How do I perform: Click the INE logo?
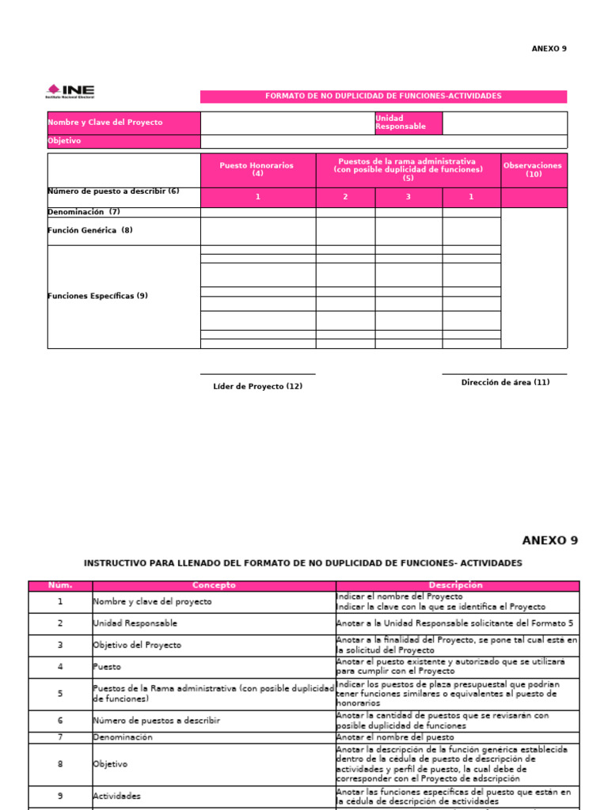click(70, 92)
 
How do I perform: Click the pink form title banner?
click(383, 97)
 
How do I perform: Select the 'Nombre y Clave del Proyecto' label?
click(105, 123)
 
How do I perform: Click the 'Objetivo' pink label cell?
click(64, 142)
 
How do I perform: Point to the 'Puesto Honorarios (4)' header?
click(257, 169)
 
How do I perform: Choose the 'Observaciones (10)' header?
click(533, 169)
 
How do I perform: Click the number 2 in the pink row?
click(345, 197)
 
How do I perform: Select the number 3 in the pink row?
click(408, 197)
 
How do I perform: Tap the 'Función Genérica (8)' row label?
click(90, 230)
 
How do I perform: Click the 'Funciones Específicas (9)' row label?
click(97, 296)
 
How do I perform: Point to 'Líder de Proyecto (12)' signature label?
click(257, 387)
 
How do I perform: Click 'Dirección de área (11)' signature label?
click(505, 383)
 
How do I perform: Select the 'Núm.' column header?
click(60, 585)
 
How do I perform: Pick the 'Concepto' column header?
click(214, 585)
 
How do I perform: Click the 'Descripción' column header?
click(457, 585)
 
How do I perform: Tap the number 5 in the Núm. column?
click(60, 694)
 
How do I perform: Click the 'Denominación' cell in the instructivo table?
click(123, 737)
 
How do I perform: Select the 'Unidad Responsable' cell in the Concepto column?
click(135, 623)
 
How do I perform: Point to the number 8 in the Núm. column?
click(60, 765)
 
